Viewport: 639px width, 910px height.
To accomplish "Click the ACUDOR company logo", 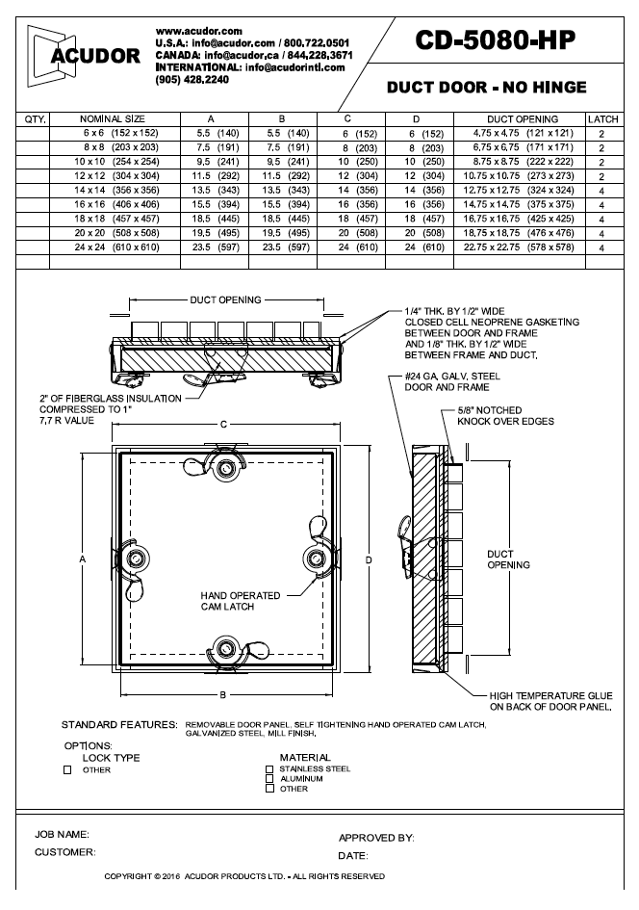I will pyautogui.click(x=85, y=55).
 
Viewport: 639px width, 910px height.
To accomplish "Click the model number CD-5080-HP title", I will pyautogui.click(x=496, y=40).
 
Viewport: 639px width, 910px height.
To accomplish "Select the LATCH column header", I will pyautogui.click(x=601, y=119).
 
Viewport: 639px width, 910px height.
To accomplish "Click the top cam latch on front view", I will pyautogui.click(x=228, y=469).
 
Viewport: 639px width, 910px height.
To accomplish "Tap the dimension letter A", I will pyautogui.click(x=83, y=559).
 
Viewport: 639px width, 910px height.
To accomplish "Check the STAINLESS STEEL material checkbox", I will pyautogui.click(x=269, y=769).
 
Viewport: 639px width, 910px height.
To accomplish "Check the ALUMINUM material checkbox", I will pyautogui.click(x=269, y=779).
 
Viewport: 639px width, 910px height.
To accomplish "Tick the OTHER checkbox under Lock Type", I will pyautogui.click(x=68, y=769).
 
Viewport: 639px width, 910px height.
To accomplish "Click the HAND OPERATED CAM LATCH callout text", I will pyautogui.click(x=241, y=602).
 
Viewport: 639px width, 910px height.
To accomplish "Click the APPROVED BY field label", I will pyautogui.click(x=375, y=838).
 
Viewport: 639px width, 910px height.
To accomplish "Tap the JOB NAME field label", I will pyautogui.click(x=63, y=834).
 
